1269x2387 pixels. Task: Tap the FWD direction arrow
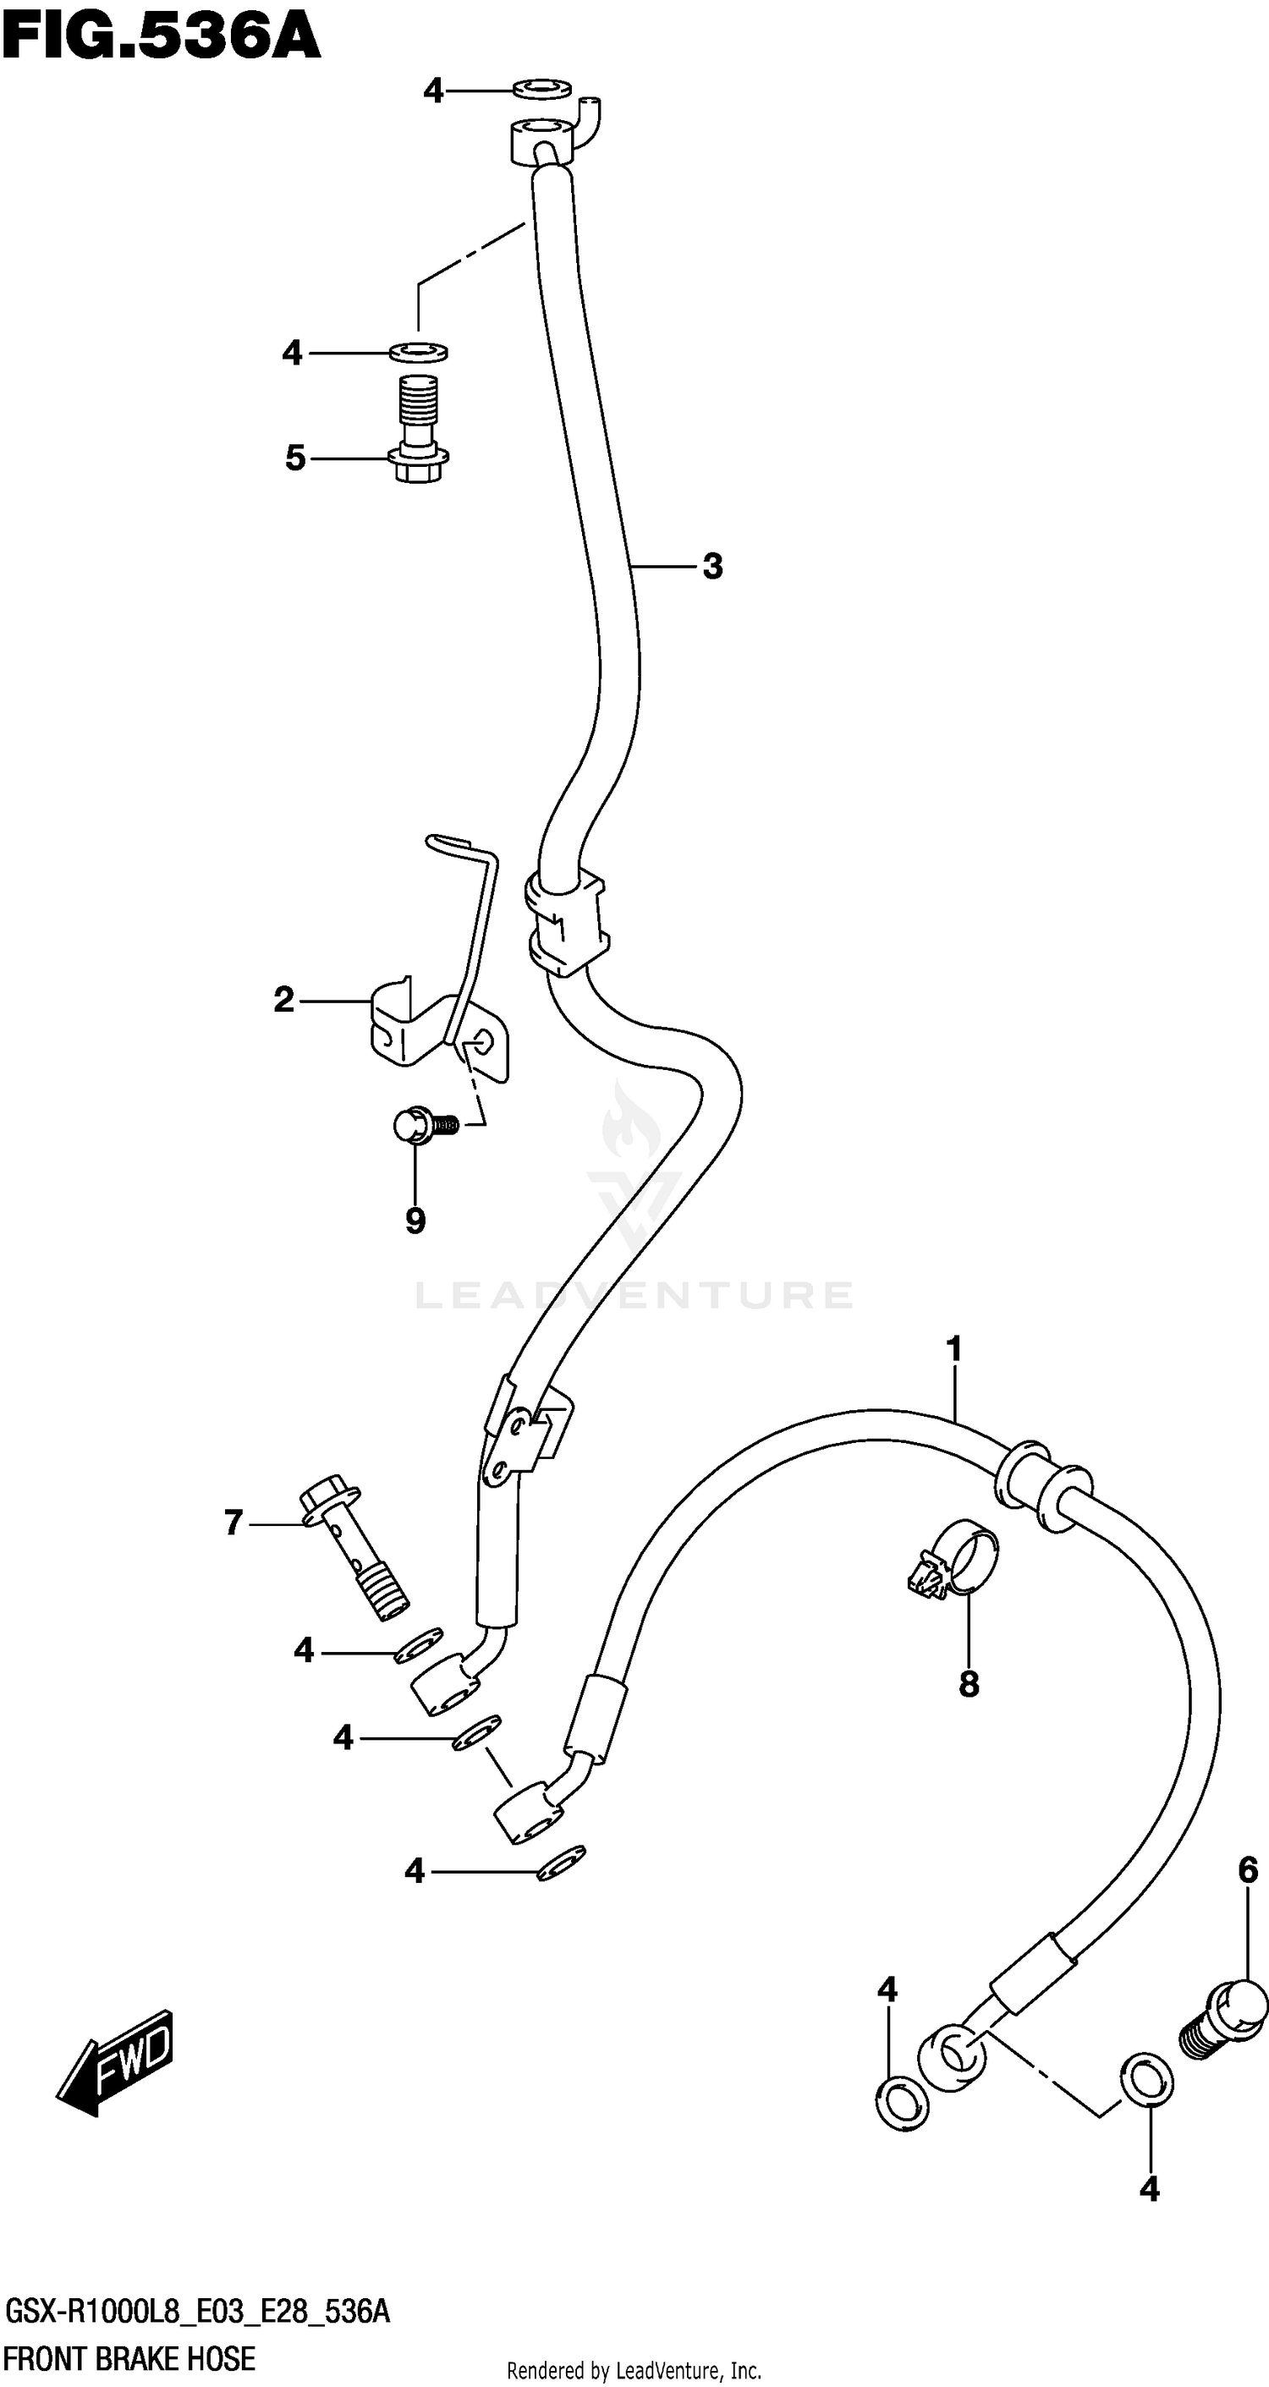pyautogui.click(x=116, y=2060)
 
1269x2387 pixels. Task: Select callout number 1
pyautogui.click(x=953, y=1350)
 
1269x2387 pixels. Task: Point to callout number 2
pyautogui.click(x=283, y=1000)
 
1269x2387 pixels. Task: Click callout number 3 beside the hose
pyautogui.click(x=711, y=565)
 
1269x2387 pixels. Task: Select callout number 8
pyautogui.click(x=969, y=1684)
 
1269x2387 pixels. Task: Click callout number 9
pyautogui.click(x=415, y=1221)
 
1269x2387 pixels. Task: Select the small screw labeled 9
pyautogui.click(x=422, y=1126)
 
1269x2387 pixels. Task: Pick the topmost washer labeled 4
pyautogui.click(x=542, y=90)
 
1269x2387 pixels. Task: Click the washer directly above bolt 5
pyautogui.click(x=418, y=352)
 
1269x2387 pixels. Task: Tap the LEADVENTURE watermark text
pyautogui.click(x=634, y=1294)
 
